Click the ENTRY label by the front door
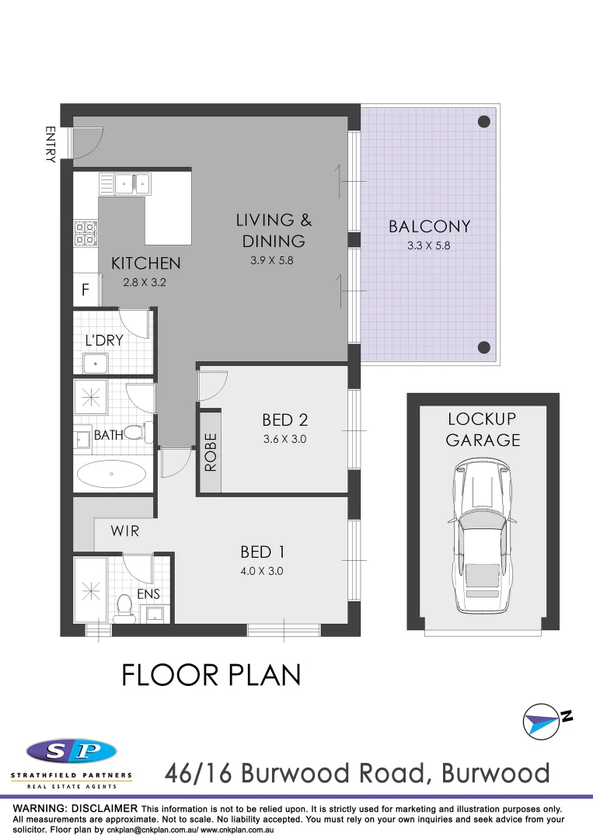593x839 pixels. [51, 144]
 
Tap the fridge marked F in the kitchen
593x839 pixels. [85, 291]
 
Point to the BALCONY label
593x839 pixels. [429, 227]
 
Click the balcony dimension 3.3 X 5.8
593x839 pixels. [429, 245]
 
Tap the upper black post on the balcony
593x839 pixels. [483, 121]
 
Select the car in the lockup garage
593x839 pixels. [482, 536]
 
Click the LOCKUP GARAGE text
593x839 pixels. [482, 430]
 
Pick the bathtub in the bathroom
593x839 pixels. [112, 474]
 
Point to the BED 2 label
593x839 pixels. [285, 420]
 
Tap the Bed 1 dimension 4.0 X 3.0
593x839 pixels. [262, 571]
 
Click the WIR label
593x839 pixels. [124, 532]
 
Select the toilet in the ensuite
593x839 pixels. [123, 608]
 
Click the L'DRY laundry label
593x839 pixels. [104, 340]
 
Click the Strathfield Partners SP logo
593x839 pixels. [72, 752]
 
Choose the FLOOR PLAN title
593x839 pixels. [211, 675]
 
